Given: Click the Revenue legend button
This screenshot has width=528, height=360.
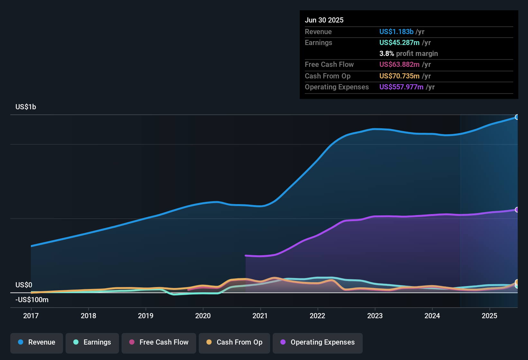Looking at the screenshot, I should click(37, 343).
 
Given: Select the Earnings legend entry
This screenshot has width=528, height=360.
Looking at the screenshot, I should click(92, 343).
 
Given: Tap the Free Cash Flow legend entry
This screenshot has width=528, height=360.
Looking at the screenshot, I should click(159, 343).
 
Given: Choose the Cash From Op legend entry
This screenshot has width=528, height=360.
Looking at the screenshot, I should click(234, 343).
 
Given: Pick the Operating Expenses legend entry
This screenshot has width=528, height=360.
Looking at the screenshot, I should click(318, 343).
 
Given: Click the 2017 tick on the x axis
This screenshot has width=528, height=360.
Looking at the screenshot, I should click(31, 316).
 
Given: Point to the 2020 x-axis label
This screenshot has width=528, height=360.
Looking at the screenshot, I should click(203, 316).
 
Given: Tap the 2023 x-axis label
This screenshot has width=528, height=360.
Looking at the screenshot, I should click(375, 316).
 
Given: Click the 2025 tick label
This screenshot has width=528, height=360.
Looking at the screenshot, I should click(489, 316).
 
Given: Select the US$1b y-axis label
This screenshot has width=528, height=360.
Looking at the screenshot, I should click(26, 107).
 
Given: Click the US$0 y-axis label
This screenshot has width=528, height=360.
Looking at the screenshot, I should click(24, 285).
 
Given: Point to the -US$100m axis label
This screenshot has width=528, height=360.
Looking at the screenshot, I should click(32, 300).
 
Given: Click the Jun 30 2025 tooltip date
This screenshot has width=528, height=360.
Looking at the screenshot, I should click(324, 20).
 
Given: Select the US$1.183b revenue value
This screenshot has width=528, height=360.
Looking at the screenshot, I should click(396, 32).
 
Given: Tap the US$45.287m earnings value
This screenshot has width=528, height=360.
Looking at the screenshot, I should click(399, 43).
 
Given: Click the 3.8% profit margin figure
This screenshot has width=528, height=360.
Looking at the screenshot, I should click(387, 54).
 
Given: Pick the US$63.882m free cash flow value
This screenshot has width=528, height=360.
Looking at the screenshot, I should click(399, 65).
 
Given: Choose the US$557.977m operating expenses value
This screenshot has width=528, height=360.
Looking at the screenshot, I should click(401, 87).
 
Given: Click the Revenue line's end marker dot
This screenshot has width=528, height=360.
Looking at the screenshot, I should click(517, 117).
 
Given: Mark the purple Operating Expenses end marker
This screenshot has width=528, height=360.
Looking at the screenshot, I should click(517, 210).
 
